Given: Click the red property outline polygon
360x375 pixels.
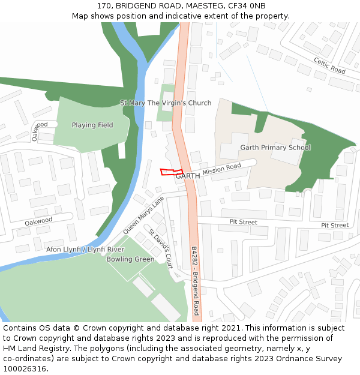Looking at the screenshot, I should point(171,172).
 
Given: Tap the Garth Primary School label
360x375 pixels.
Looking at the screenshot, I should point(275,148).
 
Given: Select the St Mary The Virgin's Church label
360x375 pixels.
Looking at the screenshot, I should point(166,103).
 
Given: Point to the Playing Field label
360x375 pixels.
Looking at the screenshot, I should point(92,125).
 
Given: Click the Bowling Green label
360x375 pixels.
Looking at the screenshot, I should point(130,260).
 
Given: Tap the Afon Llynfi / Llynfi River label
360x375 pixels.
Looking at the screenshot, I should point(85,249).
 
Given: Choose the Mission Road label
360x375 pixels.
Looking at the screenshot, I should point(221,170).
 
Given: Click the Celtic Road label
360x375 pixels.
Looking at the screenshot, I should point(329,66).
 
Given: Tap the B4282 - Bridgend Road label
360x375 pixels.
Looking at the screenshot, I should point(195,281).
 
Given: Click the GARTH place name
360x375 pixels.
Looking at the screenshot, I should point(187,176).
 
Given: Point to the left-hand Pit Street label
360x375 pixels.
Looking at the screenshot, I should point(243,222).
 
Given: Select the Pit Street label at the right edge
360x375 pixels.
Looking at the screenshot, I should point(334,226).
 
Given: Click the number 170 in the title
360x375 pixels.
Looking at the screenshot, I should point(103,6).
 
